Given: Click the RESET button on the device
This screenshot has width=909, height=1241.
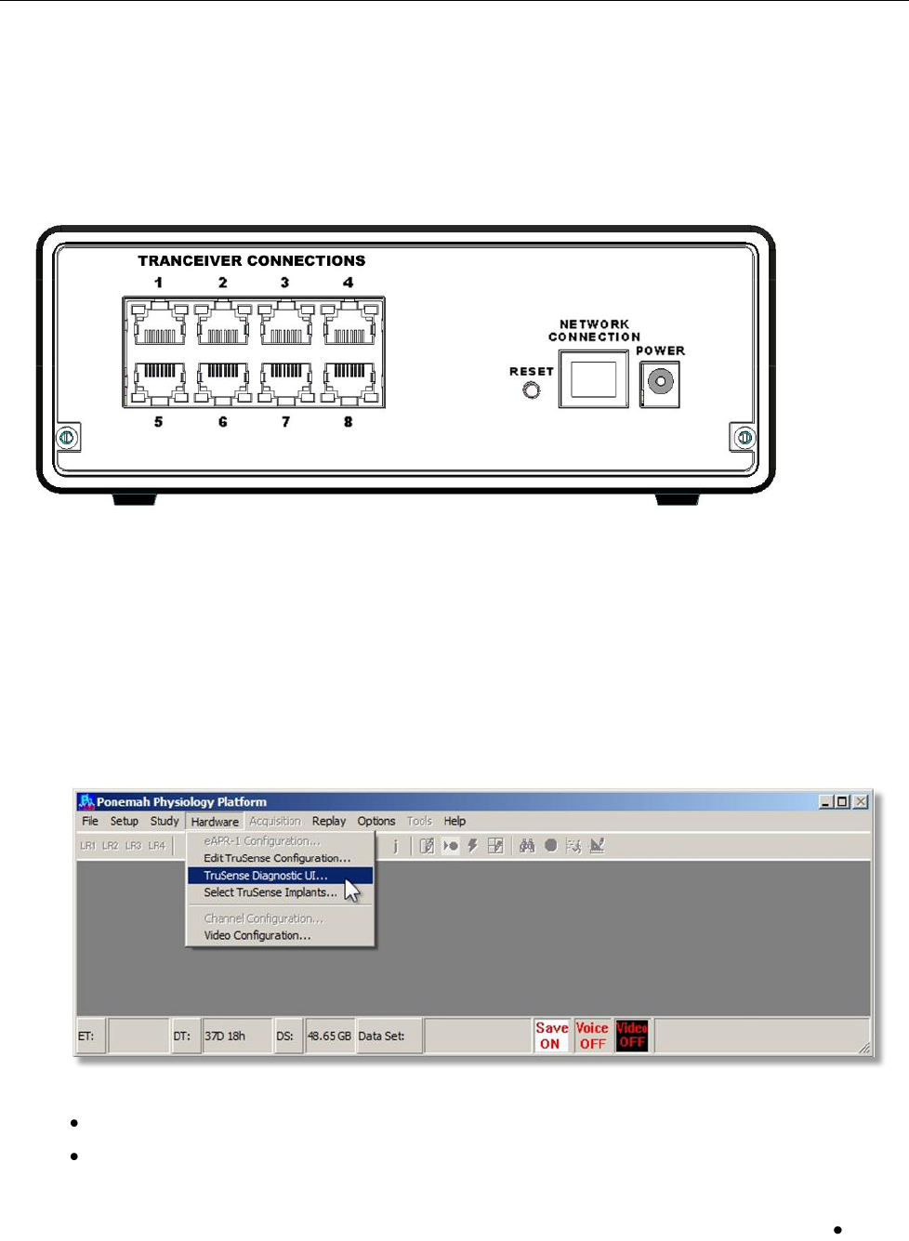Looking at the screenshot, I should click(x=532, y=390).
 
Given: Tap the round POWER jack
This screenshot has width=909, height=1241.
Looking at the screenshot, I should click(x=661, y=381).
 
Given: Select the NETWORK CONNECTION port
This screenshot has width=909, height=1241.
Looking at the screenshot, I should click(x=593, y=379).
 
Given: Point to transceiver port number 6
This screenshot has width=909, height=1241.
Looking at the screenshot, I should click(x=223, y=379).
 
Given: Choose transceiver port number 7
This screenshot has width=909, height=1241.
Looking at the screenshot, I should click(x=286, y=379).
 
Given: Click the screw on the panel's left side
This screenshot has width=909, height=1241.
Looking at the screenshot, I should click(x=67, y=437).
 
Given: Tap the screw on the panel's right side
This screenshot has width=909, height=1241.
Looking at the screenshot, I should click(x=744, y=437).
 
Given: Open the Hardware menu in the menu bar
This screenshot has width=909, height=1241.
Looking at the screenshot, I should click(x=215, y=822).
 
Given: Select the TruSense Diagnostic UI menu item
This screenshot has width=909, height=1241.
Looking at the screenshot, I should click(x=266, y=876).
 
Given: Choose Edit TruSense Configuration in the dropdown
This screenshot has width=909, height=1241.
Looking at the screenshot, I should click(x=277, y=858).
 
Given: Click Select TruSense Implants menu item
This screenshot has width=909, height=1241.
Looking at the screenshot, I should click(x=270, y=892).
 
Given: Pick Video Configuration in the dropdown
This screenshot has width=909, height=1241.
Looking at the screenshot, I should click(x=257, y=935).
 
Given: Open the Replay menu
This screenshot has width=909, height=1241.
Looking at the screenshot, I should click(x=328, y=822).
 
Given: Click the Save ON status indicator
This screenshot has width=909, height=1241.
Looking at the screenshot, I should click(x=551, y=1036).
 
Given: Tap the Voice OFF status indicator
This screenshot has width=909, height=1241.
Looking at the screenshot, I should click(x=592, y=1036).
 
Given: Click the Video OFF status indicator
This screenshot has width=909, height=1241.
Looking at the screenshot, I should click(x=632, y=1036).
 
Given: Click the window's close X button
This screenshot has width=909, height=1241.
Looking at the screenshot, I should click(x=862, y=801).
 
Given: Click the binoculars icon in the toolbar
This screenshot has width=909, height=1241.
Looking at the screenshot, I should click(x=527, y=846).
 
